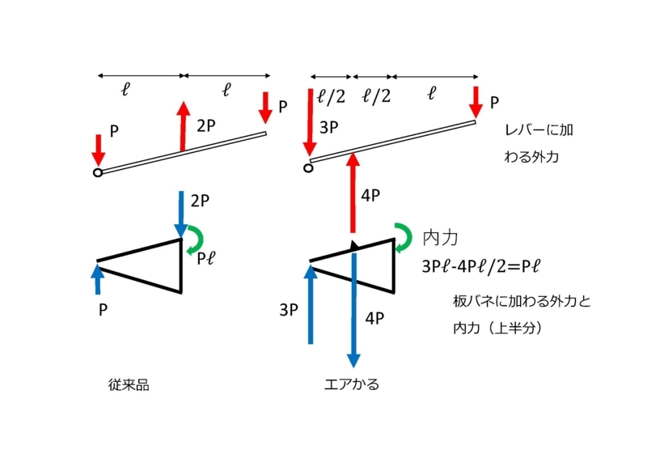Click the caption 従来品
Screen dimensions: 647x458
click(x=129, y=385)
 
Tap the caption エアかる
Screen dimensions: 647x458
click(x=352, y=384)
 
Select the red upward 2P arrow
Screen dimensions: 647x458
click(x=183, y=126)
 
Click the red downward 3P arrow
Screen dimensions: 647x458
click(x=310, y=122)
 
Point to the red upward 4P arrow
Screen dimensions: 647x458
click(x=353, y=193)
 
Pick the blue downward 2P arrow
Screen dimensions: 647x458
click(x=180, y=214)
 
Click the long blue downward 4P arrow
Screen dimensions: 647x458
click(x=353, y=310)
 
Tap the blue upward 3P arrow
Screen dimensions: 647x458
click(x=311, y=305)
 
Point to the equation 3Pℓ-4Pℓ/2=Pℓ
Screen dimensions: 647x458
click(x=480, y=266)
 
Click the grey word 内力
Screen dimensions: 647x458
click(x=440, y=238)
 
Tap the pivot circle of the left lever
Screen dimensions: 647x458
click(x=98, y=172)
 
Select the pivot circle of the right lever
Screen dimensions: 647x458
click(x=308, y=168)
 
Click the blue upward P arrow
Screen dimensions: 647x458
click(x=98, y=280)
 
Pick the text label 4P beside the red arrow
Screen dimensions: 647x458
click(x=370, y=195)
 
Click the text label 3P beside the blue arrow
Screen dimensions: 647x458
click(x=289, y=310)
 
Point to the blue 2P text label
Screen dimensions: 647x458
click(x=200, y=201)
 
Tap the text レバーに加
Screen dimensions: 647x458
click(x=539, y=130)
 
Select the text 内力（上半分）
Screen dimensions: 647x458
click(x=497, y=328)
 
